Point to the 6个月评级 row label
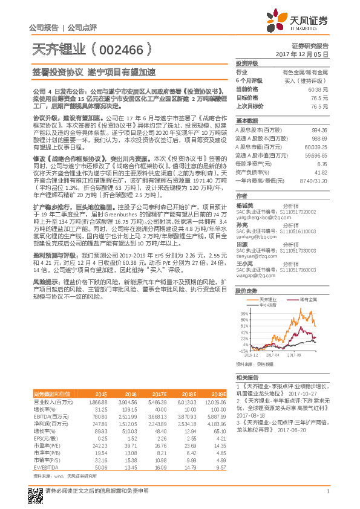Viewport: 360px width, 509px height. (249, 80)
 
